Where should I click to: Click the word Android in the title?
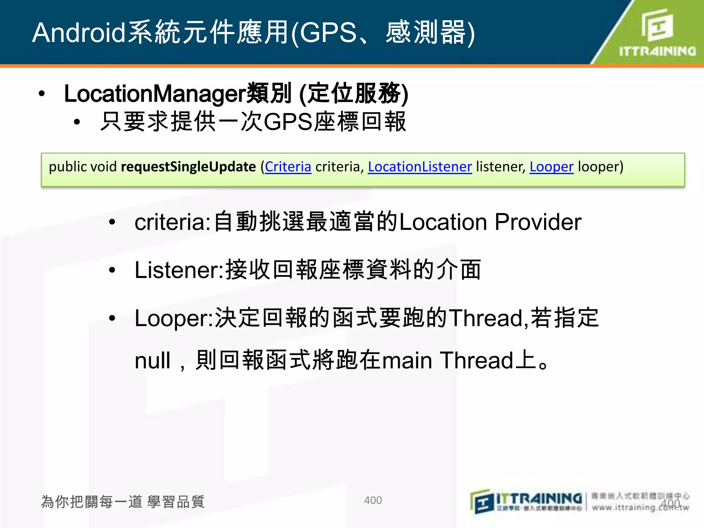[x=79, y=33]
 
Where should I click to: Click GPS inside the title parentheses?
[x=328, y=33]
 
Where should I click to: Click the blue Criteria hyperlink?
[x=288, y=167]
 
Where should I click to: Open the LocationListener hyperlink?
[x=420, y=167]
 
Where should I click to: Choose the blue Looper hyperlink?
[x=551, y=167]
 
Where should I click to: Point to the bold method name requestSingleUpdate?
[x=188, y=167]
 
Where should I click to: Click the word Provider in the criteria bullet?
[x=538, y=222]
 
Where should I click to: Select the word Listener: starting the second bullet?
[x=179, y=270]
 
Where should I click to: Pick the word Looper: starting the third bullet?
[x=174, y=318]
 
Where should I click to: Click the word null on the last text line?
[x=152, y=361]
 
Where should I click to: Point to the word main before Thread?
[x=407, y=361]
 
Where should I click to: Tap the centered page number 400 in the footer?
[x=373, y=500]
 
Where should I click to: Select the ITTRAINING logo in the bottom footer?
[x=526, y=502]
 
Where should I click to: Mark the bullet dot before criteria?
[x=112, y=222]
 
